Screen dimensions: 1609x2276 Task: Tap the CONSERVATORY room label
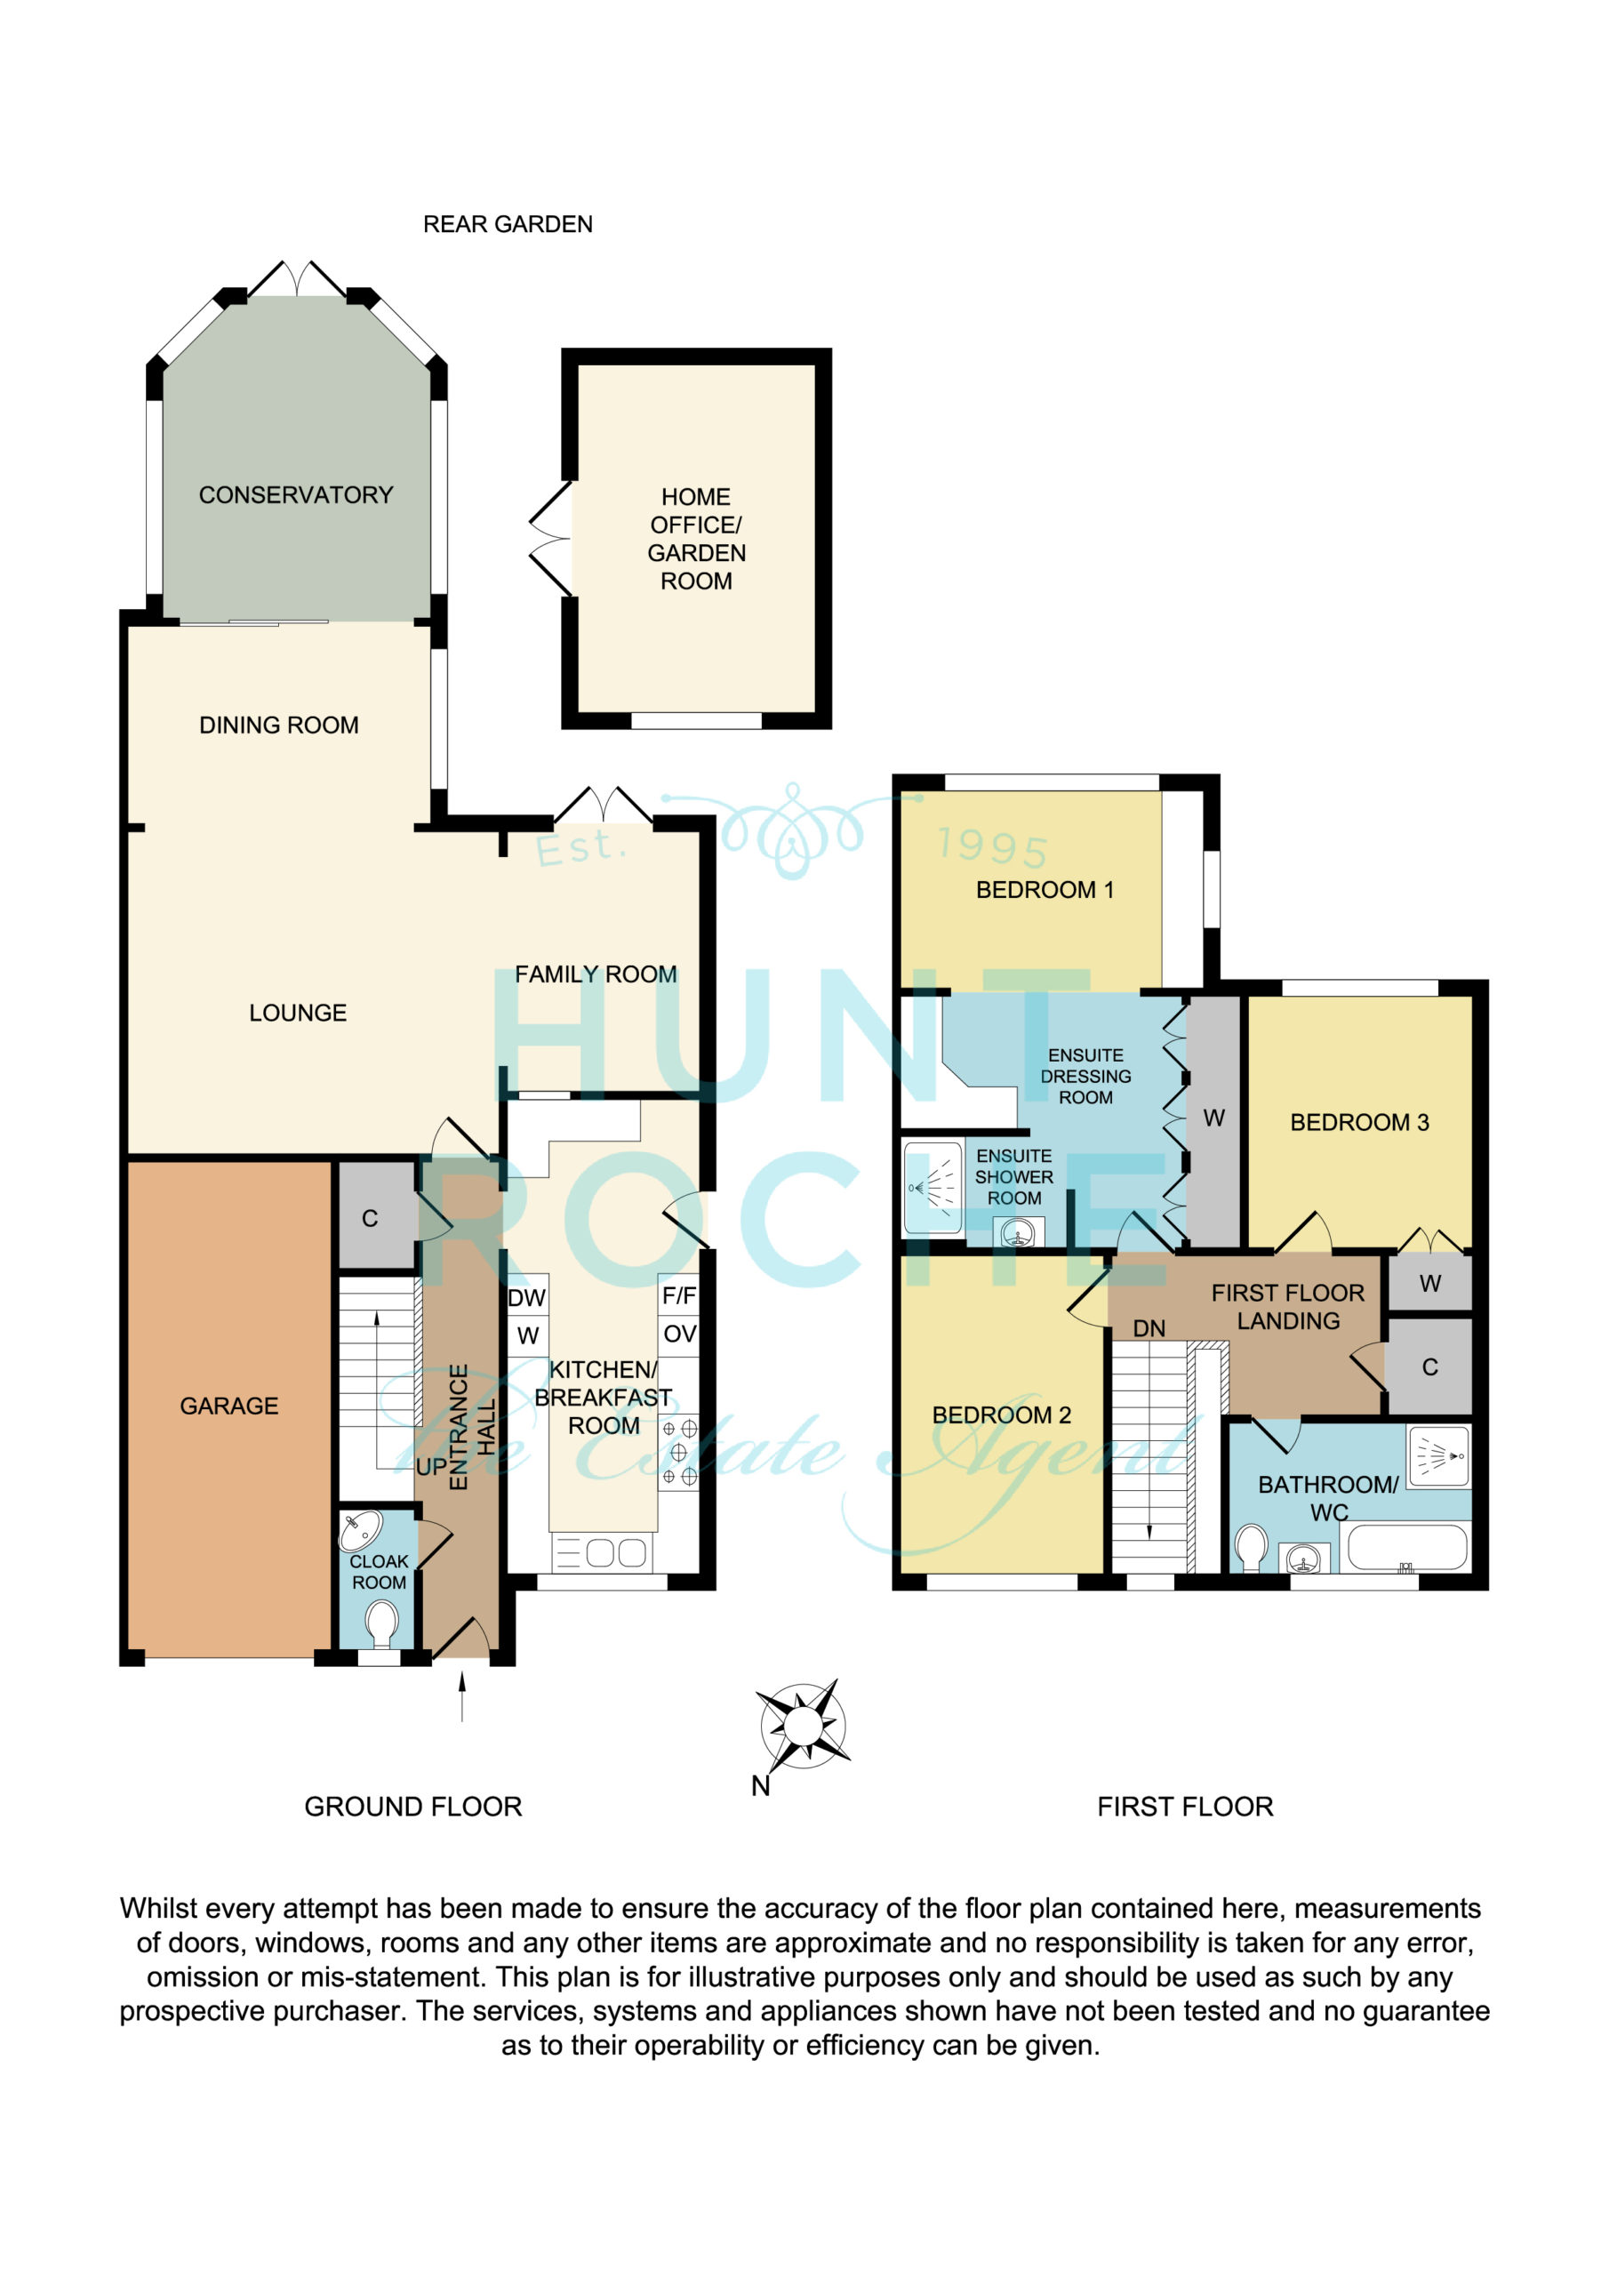(295, 494)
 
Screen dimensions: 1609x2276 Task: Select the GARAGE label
(229, 1406)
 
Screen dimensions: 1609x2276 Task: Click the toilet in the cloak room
(380, 1623)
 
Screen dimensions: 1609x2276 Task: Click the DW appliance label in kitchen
(526, 1298)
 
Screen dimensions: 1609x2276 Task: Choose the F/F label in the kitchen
(679, 1295)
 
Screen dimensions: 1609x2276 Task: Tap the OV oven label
(679, 1334)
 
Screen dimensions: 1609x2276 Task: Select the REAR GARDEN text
(508, 224)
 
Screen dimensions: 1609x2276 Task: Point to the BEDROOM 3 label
(1359, 1122)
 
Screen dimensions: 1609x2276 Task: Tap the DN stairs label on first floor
(1149, 1328)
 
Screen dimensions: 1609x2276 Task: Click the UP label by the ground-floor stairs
(431, 1467)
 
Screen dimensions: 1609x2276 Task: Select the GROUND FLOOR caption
(412, 1806)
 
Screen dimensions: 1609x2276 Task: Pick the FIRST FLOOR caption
(1185, 1806)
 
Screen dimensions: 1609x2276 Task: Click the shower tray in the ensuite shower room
(933, 1188)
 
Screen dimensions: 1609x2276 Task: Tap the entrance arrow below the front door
(462, 1696)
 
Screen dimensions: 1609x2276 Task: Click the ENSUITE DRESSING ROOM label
(1085, 1077)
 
